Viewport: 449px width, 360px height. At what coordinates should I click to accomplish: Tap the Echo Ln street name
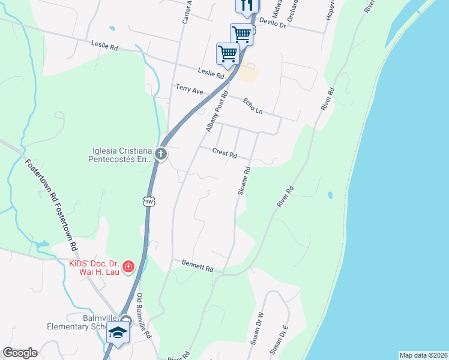(253, 107)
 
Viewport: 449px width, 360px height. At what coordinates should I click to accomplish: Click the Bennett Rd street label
(197, 266)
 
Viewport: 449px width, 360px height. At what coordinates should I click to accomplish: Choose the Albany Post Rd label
(217, 112)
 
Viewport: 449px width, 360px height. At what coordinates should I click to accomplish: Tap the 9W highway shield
(149, 202)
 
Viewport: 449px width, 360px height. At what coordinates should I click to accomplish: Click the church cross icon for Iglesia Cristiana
(160, 154)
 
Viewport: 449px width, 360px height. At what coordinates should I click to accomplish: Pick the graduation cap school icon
(118, 332)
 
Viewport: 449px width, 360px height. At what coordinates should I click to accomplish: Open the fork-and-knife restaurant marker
(246, 6)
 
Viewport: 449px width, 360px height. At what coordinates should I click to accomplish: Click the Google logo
(20, 353)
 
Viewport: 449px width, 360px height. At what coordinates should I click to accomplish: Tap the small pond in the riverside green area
(330, 195)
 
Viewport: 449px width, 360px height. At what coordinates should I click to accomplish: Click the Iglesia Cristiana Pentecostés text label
(120, 155)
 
